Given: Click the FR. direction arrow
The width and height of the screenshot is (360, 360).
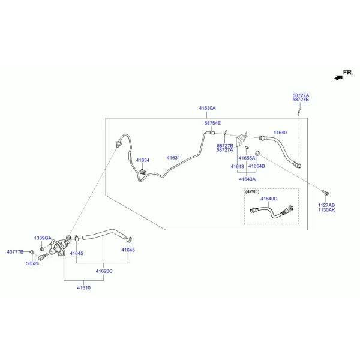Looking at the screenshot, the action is (338, 77).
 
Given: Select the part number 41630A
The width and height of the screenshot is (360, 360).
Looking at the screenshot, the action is (208, 108).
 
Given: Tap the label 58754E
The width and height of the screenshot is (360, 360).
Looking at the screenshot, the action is (212, 123).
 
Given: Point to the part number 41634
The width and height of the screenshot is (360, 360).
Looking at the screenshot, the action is (143, 160).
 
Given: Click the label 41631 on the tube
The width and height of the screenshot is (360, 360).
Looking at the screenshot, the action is (173, 158).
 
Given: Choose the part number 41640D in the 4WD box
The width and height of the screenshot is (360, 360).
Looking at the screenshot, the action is (269, 199).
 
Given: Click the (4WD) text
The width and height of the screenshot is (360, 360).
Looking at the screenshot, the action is (253, 191).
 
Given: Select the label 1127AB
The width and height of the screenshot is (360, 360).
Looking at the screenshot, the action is (326, 205).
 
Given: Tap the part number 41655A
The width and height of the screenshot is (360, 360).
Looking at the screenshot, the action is (247, 158).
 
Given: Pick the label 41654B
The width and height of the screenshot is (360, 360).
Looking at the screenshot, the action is (256, 166).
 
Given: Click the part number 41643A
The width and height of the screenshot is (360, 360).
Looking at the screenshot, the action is (247, 179).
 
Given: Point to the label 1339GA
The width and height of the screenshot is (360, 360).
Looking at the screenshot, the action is (43, 238).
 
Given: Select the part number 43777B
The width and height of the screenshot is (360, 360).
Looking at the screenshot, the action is (15, 252).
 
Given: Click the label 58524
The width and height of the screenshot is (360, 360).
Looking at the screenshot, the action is (32, 263).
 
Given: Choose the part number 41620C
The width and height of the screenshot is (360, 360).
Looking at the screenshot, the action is (104, 271).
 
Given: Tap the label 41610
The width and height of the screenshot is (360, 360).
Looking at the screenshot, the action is (84, 288).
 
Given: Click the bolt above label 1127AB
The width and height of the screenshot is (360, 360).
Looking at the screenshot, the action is (326, 192).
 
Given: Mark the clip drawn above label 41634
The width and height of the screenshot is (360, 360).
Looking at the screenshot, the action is (143, 172).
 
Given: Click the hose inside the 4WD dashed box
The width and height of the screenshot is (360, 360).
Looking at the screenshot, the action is (272, 212).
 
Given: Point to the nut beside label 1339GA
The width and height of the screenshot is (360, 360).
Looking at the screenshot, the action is (42, 249).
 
